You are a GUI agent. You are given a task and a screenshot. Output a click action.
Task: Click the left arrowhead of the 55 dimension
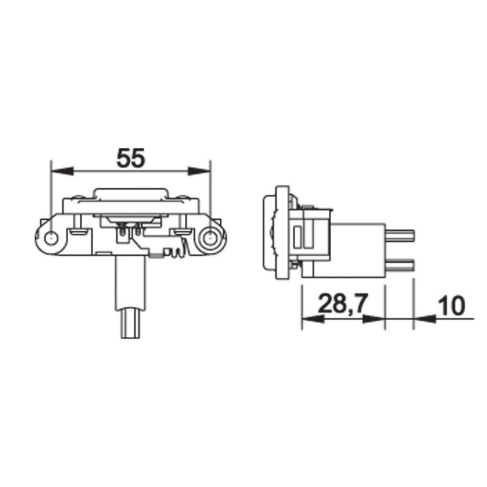(x=63, y=170)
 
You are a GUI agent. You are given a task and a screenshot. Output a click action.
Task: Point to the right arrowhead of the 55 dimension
(x=200, y=170)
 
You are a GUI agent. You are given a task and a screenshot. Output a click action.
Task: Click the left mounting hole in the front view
(x=51, y=238)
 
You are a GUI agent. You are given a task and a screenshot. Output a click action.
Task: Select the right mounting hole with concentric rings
(x=210, y=238)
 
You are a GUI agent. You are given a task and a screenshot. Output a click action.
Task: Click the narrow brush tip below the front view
(x=131, y=324)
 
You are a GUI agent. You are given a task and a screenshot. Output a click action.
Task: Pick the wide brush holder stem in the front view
(x=130, y=283)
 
